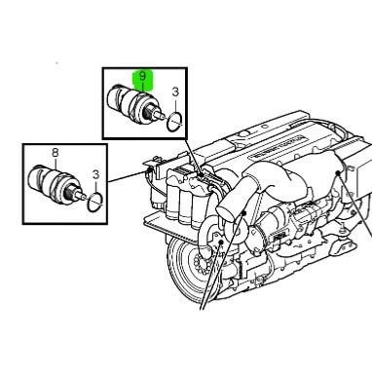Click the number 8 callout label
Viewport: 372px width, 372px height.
tap(55, 153)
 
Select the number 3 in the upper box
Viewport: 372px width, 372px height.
tap(174, 93)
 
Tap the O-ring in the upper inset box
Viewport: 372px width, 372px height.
tap(172, 122)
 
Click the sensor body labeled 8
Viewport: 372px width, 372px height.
tap(51, 181)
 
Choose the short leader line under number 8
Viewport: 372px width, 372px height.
tap(55, 164)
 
